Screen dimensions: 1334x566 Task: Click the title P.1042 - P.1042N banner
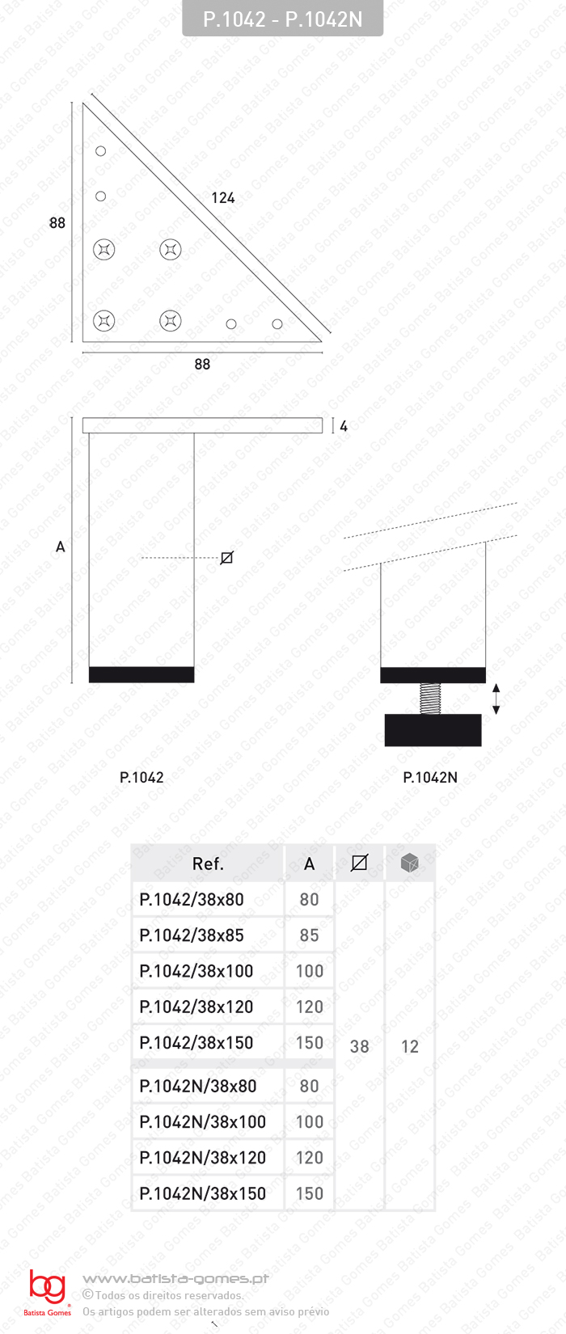(282, 19)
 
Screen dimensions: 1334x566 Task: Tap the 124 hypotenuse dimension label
(222, 198)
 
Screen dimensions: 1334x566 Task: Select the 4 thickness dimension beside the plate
(344, 426)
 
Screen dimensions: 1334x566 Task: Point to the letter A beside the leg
(60, 547)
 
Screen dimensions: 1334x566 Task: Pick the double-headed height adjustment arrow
(496, 699)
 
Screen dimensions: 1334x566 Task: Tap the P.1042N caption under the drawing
(430, 778)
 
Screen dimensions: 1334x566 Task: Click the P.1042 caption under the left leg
(141, 778)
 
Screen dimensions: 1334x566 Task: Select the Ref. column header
(208, 864)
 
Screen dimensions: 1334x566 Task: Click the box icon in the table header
(410, 863)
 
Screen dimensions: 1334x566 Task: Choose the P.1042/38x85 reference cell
(192, 935)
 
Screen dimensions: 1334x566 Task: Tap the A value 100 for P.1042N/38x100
(309, 1122)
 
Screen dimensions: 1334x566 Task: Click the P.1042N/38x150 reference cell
(202, 1193)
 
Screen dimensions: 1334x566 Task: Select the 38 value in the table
(359, 1047)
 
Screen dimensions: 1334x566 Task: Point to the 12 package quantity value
(410, 1047)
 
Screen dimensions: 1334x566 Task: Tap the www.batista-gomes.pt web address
(175, 1278)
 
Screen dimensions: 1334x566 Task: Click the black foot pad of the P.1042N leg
(433, 730)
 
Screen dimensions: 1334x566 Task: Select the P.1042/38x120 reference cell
(196, 1007)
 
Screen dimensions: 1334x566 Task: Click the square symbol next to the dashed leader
(227, 558)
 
